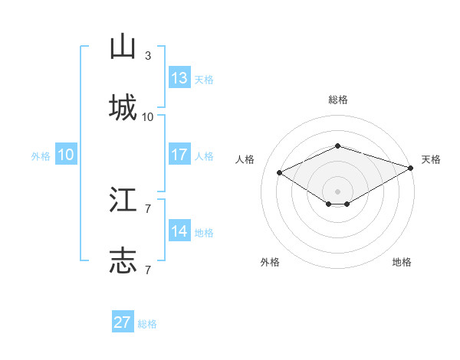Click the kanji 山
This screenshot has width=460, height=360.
point(123,47)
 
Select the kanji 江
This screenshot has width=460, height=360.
point(123,201)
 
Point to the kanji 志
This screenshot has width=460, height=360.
point(123,260)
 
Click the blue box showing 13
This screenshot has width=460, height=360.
point(179,78)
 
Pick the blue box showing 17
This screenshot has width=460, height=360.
point(179,155)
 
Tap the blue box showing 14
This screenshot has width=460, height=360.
point(179,231)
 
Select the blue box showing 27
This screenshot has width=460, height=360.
point(123,322)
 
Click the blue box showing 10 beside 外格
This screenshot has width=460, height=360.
point(66,155)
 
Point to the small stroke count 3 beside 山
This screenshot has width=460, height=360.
point(148,56)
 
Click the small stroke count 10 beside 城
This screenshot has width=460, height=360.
point(148,116)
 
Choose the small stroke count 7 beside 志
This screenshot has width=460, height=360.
point(148,270)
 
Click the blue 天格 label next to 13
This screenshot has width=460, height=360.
point(203,79)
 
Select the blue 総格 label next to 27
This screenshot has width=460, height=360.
point(147,323)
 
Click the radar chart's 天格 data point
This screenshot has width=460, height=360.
point(412,167)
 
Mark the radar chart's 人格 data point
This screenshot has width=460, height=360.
point(280,172)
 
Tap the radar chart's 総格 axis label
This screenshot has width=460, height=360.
point(338,100)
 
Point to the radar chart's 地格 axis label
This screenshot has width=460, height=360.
point(402,262)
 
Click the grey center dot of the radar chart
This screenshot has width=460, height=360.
point(338,191)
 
